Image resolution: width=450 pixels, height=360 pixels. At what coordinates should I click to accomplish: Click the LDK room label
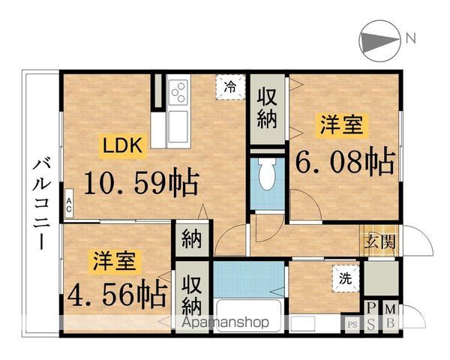click(122, 146)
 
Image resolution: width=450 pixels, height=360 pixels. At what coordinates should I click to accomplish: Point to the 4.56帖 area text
click(115, 294)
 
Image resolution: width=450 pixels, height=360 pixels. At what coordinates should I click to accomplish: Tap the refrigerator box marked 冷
click(231, 87)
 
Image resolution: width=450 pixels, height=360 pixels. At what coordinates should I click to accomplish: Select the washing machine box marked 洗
click(345, 277)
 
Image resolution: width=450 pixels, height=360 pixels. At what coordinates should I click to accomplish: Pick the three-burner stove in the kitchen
click(179, 94)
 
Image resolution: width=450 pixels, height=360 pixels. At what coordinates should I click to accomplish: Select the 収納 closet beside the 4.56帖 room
click(190, 295)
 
